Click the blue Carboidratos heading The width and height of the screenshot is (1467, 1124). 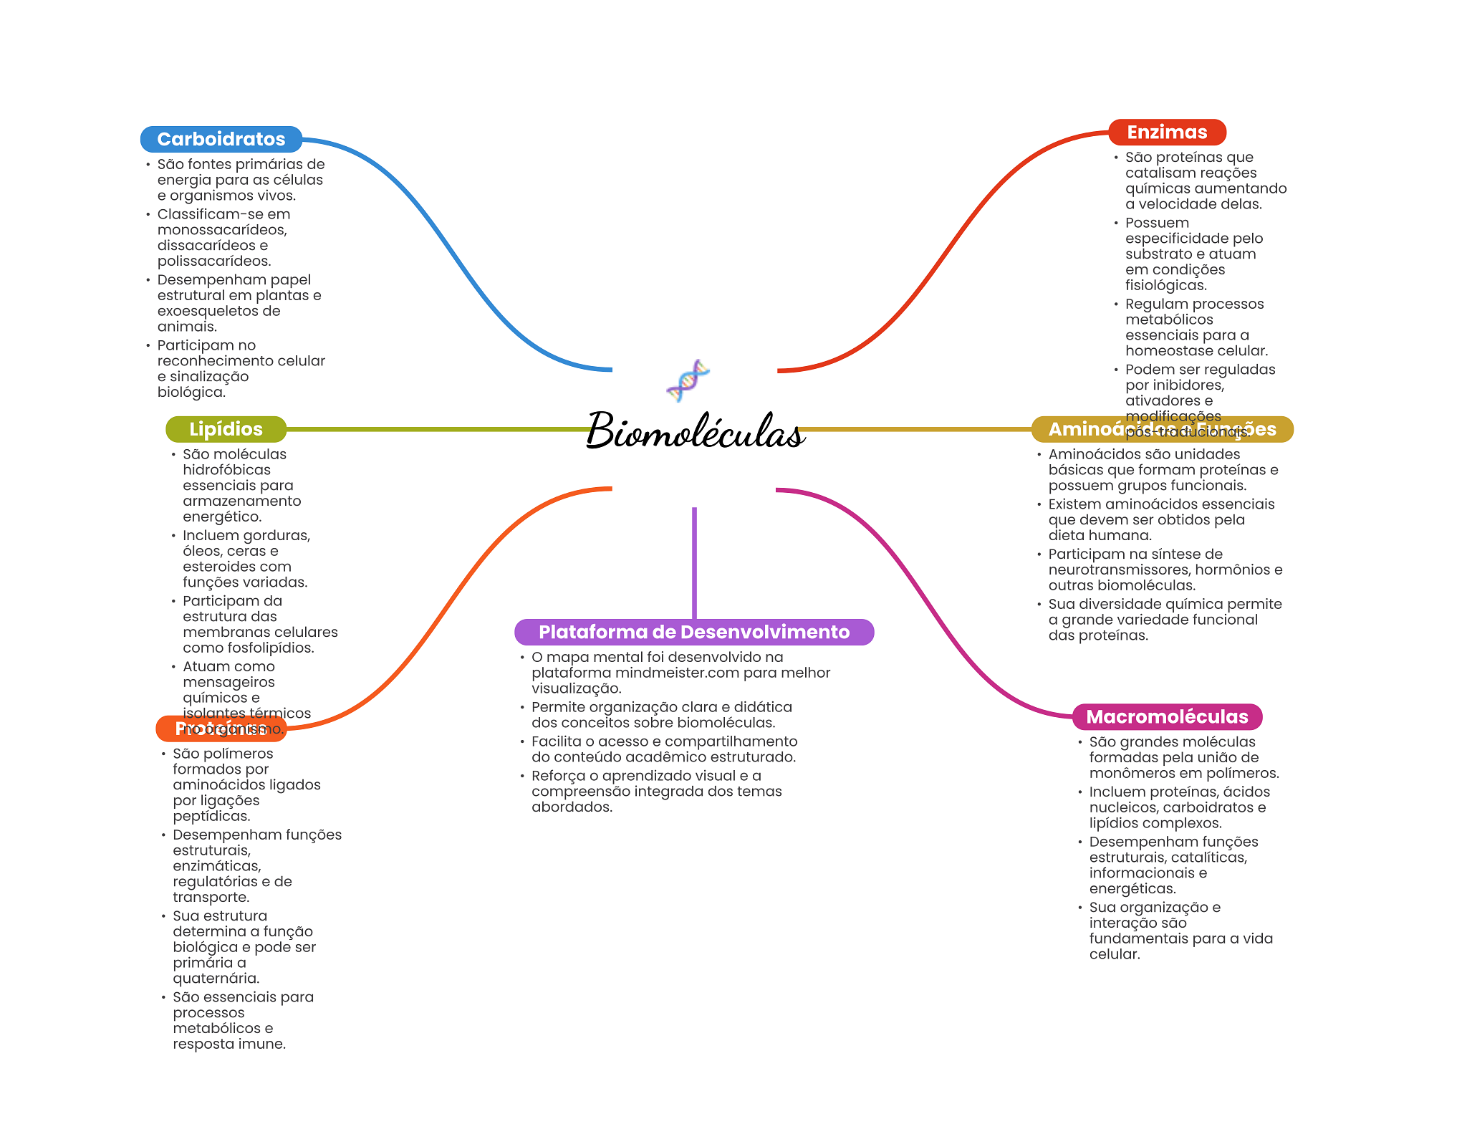(x=221, y=139)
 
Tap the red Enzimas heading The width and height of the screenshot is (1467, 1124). (x=1167, y=132)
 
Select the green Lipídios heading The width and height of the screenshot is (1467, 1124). (x=226, y=429)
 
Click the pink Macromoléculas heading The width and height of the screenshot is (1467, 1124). (x=1167, y=716)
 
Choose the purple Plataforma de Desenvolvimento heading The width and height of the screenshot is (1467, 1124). (x=693, y=632)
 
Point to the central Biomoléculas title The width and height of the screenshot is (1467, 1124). (x=695, y=431)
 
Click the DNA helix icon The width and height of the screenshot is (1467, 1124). (x=688, y=380)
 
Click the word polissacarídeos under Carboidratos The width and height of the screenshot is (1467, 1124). (x=214, y=261)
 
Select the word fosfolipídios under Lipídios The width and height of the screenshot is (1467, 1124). (x=270, y=648)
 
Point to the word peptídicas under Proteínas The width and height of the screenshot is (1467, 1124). (x=211, y=816)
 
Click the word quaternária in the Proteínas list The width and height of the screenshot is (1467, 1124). (x=216, y=978)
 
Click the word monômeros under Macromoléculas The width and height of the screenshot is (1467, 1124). (x=1130, y=773)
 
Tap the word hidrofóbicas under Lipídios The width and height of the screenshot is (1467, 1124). (x=226, y=470)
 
